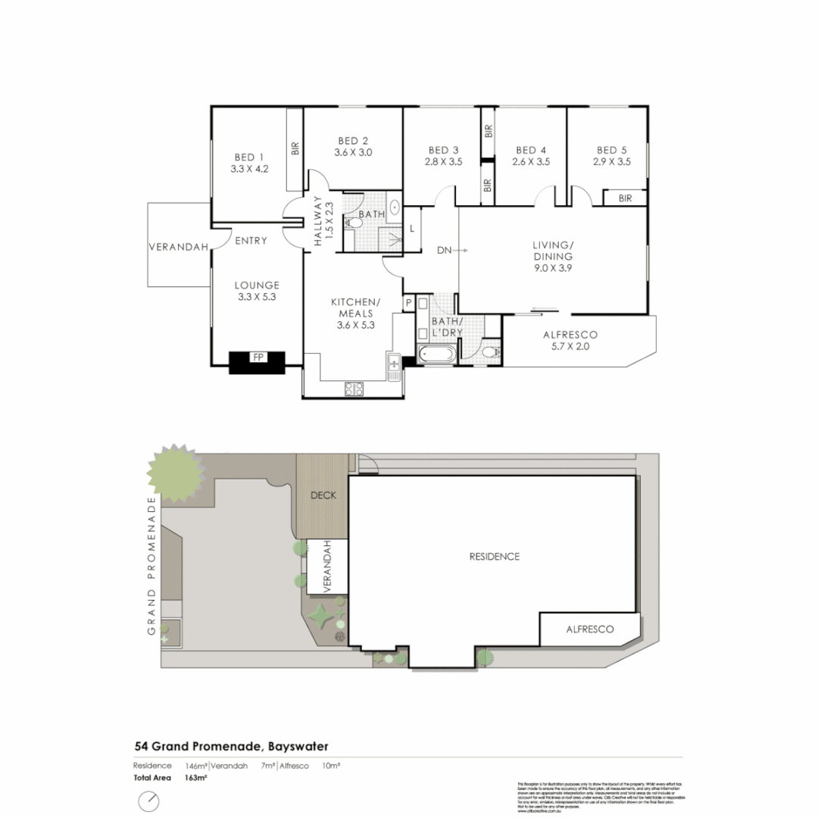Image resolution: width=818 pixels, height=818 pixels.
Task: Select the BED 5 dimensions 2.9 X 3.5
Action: tap(611, 161)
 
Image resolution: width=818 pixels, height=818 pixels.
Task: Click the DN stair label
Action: tap(445, 249)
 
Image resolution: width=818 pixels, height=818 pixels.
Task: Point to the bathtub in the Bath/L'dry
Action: tap(436, 353)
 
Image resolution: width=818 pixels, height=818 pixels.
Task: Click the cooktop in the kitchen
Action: tap(354, 389)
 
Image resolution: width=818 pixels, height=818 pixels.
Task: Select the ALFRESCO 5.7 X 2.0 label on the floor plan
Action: tap(570, 340)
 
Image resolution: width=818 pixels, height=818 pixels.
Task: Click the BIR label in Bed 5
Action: tap(625, 198)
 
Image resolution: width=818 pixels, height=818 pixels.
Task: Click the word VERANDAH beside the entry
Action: tap(179, 246)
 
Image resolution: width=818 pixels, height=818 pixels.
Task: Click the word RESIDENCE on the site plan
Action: tap(495, 557)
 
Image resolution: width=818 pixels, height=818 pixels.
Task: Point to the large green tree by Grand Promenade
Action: tap(177, 474)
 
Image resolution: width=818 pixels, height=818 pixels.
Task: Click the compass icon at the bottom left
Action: tap(149, 801)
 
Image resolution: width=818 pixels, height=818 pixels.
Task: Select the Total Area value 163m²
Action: tap(195, 778)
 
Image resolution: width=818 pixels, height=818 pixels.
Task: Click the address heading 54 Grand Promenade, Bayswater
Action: tap(231, 747)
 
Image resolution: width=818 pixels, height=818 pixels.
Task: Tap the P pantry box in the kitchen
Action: tap(408, 303)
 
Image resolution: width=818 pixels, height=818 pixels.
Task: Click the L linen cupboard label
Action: tap(411, 229)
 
